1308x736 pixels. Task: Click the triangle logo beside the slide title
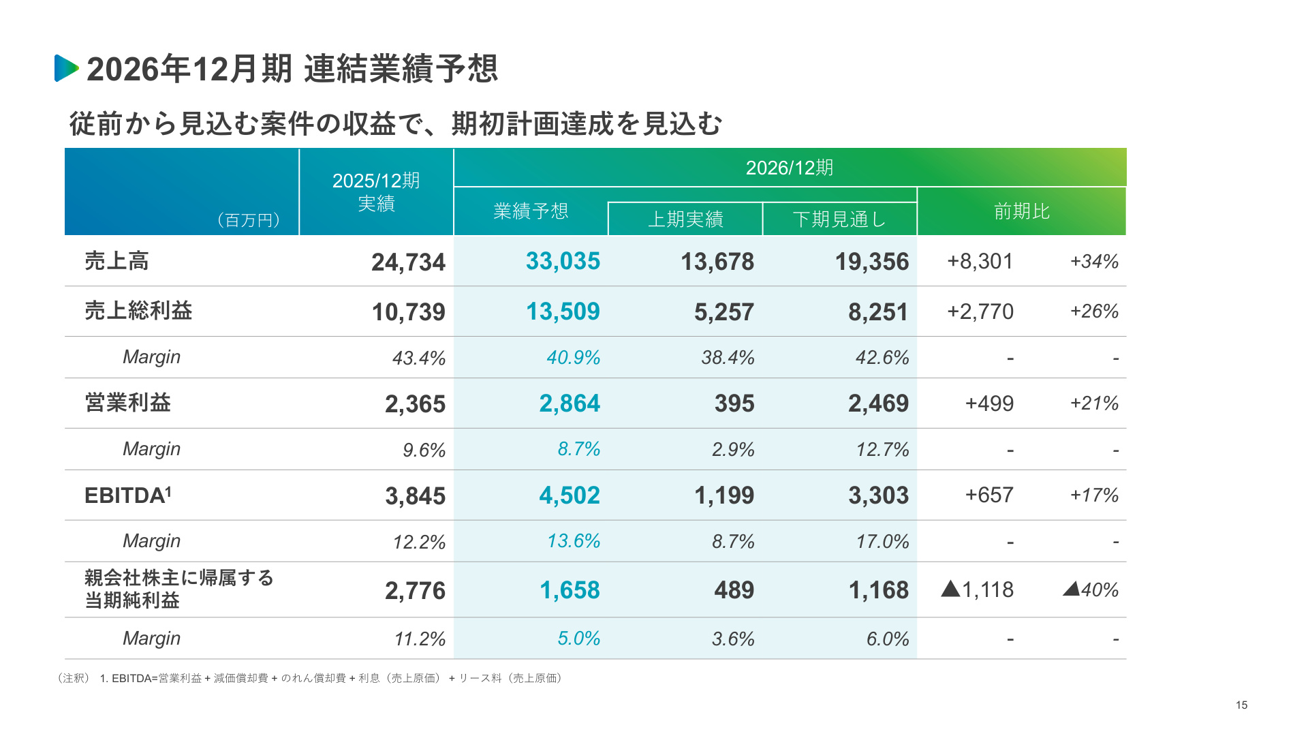(x=66, y=68)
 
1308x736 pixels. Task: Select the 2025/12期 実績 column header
(x=376, y=192)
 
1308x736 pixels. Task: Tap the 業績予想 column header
(x=531, y=211)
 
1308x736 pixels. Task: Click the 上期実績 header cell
(x=685, y=219)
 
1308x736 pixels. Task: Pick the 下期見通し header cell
(x=839, y=219)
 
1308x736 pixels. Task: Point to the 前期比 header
(x=1022, y=211)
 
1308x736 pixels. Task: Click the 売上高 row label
(x=116, y=261)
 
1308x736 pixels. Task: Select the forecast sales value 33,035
(x=563, y=261)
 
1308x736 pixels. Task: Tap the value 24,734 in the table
(x=408, y=262)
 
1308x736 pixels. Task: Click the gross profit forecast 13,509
(x=563, y=311)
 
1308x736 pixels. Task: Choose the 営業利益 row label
(x=127, y=403)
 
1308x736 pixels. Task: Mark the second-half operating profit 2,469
(x=878, y=403)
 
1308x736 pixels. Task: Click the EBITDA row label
(x=128, y=495)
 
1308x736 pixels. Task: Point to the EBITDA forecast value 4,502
(x=570, y=495)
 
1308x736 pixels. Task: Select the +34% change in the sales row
(x=1094, y=261)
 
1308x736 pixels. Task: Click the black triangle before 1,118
(x=950, y=589)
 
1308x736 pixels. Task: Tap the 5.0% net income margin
(x=578, y=639)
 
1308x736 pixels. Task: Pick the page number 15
(x=1241, y=705)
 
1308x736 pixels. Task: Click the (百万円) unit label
(x=249, y=220)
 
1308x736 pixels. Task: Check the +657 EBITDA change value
(x=989, y=495)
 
